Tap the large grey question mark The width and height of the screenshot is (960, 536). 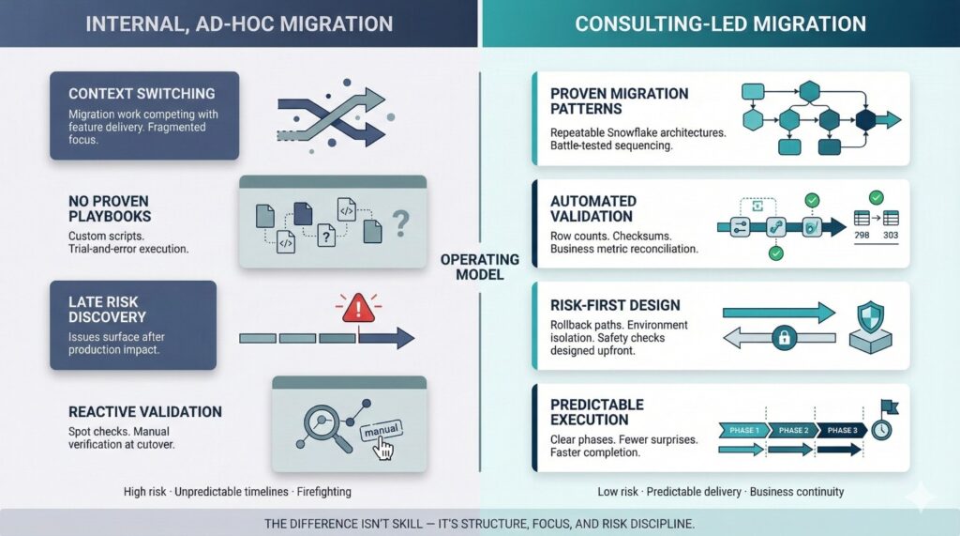coord(400,222)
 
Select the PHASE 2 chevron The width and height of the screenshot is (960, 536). coord(793,430)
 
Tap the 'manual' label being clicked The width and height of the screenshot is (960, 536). coord(381,429)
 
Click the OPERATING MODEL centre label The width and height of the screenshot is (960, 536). coord(480,268)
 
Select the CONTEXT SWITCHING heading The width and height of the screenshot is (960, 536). coord(142,94)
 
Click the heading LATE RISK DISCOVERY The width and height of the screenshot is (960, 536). coord(105,310)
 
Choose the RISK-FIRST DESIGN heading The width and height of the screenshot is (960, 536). coord(615,304)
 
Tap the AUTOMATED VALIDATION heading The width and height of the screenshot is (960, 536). coord(594,207)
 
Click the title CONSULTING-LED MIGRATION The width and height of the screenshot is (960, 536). coord(720,23)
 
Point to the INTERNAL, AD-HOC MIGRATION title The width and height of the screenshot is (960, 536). coord(239,23)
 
